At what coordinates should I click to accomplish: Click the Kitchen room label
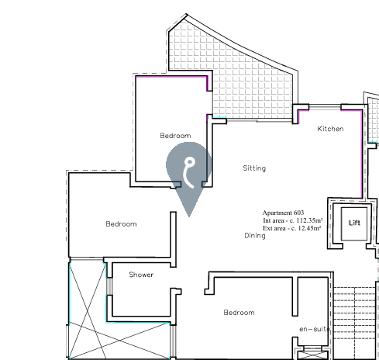[329, 129]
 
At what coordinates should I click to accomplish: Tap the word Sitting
[254, 168]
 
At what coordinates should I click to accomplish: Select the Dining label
[254, 235]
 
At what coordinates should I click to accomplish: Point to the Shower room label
[141, 275]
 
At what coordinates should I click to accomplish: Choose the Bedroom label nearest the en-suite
[239, 313]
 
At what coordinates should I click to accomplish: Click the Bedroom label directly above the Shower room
[121, 224]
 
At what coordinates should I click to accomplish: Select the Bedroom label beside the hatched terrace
[175, 136]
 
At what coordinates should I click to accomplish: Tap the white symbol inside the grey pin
[188, 171]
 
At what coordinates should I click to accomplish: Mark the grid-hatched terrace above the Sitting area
[248, 78]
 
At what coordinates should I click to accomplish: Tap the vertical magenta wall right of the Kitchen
[362, 151]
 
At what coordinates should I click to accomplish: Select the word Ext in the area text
[268, 228]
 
